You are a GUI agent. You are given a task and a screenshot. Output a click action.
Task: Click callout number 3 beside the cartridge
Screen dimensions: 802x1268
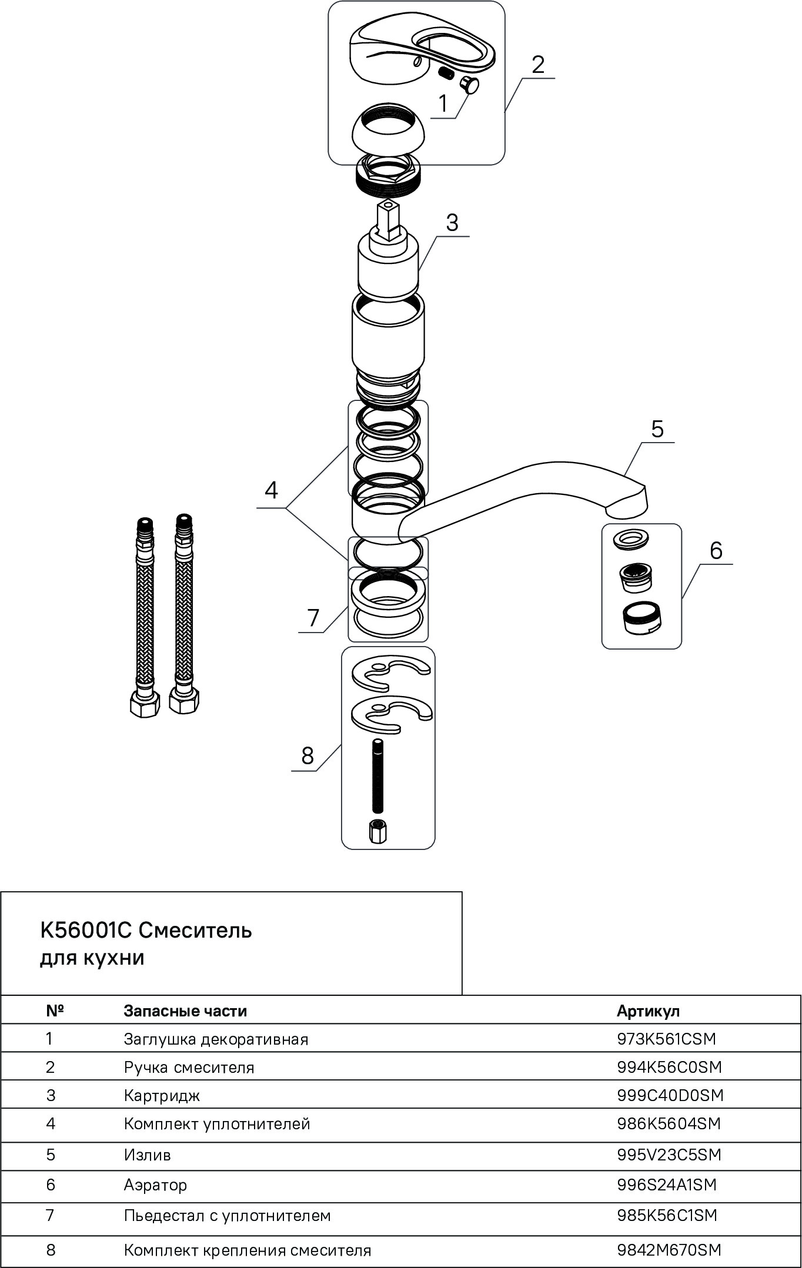[x=452, y=223]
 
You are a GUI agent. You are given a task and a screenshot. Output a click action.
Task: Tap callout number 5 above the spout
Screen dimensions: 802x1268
[x=657, y=429]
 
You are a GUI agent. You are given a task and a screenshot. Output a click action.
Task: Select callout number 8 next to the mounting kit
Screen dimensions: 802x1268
[x=308, y=756]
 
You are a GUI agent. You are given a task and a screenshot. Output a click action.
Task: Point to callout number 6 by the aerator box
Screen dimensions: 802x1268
[x=716, y=551]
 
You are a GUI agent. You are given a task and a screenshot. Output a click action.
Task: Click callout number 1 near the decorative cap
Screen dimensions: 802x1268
[x=443, y=104]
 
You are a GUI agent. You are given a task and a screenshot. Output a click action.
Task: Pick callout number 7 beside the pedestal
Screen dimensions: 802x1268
[x=313, y=618]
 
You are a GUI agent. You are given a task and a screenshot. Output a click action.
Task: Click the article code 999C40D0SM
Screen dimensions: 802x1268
[x=670, y=1095]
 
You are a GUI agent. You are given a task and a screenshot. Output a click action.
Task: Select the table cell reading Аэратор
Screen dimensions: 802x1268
[x=155, y=1185]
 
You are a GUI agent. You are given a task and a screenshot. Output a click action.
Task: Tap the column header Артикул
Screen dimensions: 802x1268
[x=648, y=1011]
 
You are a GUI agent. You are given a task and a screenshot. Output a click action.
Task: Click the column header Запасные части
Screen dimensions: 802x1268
[x=185, y=1011]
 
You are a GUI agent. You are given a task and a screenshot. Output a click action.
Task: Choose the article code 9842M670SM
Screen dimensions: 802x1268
[x=669, y=1250]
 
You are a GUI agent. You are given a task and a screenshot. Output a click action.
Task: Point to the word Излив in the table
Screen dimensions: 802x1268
[x=147, y=1155]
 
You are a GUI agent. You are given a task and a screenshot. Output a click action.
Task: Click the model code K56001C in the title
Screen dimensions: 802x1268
[x=87, y=931]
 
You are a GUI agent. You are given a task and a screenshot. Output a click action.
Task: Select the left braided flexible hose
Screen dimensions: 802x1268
[x=144, y=617]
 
